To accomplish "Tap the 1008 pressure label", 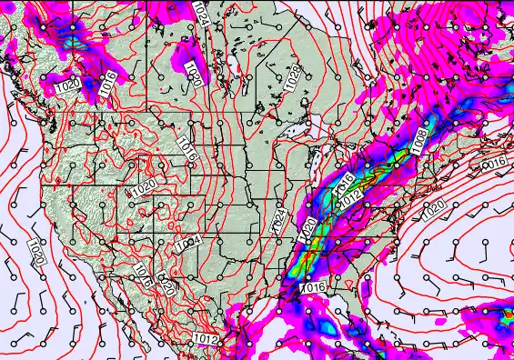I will point(418,141).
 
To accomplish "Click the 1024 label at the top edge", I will point(200,13).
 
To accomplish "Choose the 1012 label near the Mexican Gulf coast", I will point(207,338).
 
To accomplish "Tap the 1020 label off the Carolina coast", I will point(434,208).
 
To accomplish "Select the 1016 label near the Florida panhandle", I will point(312,287).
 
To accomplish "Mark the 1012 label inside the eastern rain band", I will point(351,197).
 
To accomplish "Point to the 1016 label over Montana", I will point(188,149).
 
